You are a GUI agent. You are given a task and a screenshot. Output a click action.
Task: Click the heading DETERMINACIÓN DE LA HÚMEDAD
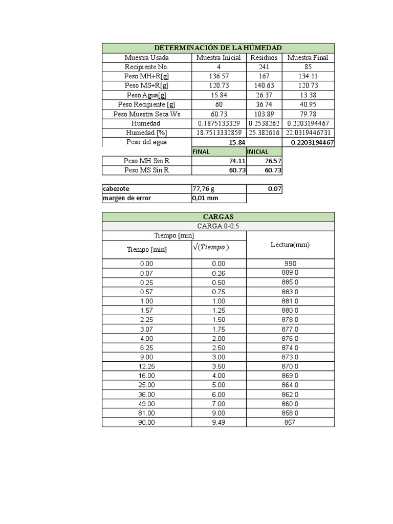click(x=218, y=48)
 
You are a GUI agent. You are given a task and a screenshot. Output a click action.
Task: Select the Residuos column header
click(x=264, y=57)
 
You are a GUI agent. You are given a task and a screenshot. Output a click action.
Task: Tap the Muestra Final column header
click(x=308, y=57)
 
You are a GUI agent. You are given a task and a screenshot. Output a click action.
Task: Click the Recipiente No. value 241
click(x=264, y=67)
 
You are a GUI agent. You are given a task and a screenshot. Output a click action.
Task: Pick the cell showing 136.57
click(x=219, y=76)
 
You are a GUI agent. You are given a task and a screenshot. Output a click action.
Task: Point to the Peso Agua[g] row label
click(x=146, y=95)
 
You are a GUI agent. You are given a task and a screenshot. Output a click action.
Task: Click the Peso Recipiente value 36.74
click(x=264, y=104)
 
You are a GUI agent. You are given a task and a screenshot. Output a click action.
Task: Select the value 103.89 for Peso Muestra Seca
click(x=264, y=114)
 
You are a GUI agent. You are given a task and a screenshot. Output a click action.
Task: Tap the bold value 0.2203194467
click(x=312, y=142)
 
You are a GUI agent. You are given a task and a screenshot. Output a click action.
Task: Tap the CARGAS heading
click(x=218, y=217)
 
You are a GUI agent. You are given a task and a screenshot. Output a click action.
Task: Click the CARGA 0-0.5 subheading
click(x=218, y=226)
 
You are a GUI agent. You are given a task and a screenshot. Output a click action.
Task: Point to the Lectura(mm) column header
click(x=290, y=245)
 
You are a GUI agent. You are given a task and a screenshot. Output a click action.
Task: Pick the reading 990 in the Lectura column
click(x=290, y=264)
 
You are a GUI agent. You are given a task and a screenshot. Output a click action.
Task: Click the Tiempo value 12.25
click(x=146, y=366)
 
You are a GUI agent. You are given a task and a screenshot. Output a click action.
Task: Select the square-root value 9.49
click(x=219, y=423)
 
